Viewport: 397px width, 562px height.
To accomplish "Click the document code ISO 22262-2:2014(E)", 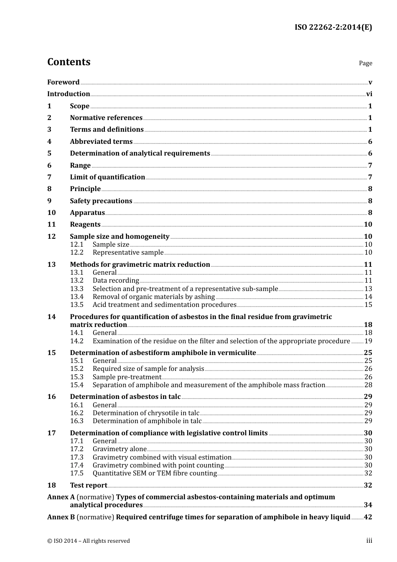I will pyautogui.click(x=333, y=27).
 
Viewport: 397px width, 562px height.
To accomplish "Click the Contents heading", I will pyautogui.click(x=69, y=62).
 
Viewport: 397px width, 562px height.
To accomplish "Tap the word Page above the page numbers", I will pyautogui.click(x=365, y=63).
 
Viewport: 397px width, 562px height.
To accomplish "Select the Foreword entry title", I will pyautogui.click(x=63, y=82).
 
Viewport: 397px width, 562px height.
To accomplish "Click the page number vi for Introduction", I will pyautogui.click(x=369, y=94).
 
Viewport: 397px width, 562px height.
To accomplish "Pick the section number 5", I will pyautogui.click(x=49, y=153).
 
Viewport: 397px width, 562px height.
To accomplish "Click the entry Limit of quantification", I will pyautogui.click(x=107, y=177).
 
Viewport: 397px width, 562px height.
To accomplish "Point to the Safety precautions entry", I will pyautogui.click(x=101, y=201).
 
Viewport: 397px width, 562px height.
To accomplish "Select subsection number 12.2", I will pyautogui.click(x=76, y=253).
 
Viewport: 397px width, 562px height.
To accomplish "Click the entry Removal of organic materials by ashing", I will pyautogui.click(x=153, y=297).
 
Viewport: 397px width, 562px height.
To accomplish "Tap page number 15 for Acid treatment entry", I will pyautogui.click(x=368, y=305).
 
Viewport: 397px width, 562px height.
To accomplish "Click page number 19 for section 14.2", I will pyautogui.click(x=368, y=341).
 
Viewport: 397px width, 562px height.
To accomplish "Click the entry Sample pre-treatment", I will pyautogui.click(x=127, y=377).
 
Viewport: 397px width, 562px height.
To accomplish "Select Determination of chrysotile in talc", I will pyautogui.click(x=146, y=413).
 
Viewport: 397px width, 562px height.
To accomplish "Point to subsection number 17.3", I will pyautogui.click(x=76, y=457).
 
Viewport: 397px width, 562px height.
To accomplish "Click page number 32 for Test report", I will pyautogui.click(x=368, y=485).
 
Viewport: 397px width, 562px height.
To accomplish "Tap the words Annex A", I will pyautogui.click(x=61, y=497).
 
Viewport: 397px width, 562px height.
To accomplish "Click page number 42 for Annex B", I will pyautogui.click(x=368, y=517).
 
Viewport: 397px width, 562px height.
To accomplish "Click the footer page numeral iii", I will pyautogui.click(x=369, y=541).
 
